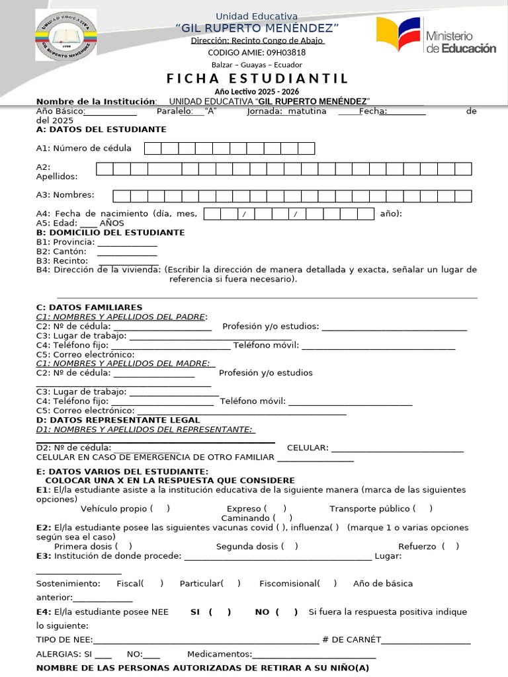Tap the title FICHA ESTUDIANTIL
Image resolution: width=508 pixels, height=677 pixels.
coord(257,79)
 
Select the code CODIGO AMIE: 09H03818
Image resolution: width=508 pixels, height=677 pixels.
coord(257,52)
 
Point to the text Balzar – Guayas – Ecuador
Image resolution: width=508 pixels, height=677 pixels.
coord(257,65)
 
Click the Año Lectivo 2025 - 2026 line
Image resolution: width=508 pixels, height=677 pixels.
coord(257,91)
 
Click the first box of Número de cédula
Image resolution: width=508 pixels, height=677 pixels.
coord(153,148)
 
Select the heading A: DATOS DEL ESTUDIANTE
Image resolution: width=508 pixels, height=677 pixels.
coord(101,130)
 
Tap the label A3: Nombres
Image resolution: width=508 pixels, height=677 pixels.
coord(65,195)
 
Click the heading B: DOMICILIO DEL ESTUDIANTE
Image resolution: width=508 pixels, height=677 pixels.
coord(110,233)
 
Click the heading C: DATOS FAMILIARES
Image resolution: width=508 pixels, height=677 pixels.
coord(89,307)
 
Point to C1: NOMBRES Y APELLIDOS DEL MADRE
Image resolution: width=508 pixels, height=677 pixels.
coord(125,363)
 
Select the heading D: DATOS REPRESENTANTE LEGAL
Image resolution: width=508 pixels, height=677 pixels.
coord(118,420)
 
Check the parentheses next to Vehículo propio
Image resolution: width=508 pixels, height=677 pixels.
coord(160,508)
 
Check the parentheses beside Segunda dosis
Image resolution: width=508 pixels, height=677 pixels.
coord(289,546)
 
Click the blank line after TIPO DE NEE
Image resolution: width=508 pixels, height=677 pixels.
coord(206,640)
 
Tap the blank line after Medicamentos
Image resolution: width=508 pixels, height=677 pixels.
coord(314,655)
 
